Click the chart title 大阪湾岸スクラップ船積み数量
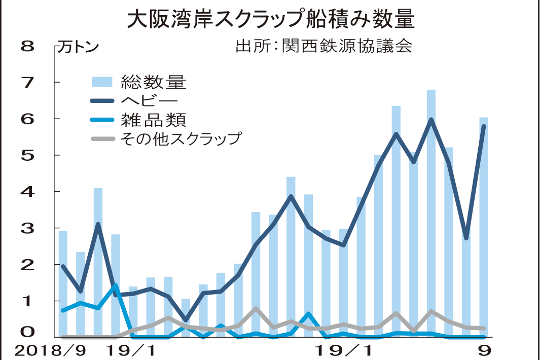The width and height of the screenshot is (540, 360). pyautogui.click(x=270, y=20)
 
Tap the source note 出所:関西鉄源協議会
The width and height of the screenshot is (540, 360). pyautogui.click(x=323, y=46)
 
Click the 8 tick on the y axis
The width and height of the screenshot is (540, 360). pyautogui.click(x=27, y=46)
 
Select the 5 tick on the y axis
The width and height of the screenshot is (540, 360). pyautogui.click(x=27, y=155)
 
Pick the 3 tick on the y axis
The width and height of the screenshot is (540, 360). pyautogui.click(x=27, y=228)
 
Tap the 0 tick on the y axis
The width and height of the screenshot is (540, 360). pyautogui.click(x=27, y=333)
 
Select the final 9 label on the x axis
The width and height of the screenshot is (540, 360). pyautogui.click(x=485, y=350)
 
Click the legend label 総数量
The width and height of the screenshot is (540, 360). pyautogui.click(x=154, y=82)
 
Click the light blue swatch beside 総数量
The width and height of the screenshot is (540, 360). pyautogui.click(x=102, y=82)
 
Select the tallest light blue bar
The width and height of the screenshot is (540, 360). pyautogui.click(x=431, y=213)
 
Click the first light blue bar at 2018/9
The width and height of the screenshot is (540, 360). pyautogui.click(x=63, y=284)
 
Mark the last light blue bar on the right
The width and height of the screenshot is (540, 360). pyautogui.click(x=484, y=228)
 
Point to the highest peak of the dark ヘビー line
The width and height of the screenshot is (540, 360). pyautogui.click(x=431, y=120)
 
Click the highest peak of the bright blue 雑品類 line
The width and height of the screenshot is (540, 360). pyautogui.click(x=115, y=285)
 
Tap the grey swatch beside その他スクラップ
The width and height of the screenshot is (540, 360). pyautogui.click(x=102, y=138)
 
